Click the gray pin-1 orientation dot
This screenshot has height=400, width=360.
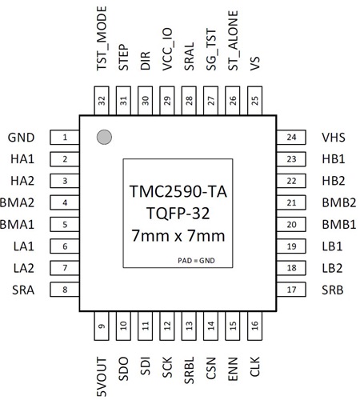pyautogui.click(x=104, y=137)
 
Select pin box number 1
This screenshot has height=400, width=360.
pyautogui.click(x=65, y=138)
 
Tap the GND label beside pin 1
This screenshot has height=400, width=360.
pyautogui.click(x=21, y=138)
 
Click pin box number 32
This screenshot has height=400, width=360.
pyautogui.click(x=102, y=101)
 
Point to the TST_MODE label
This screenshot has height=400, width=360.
pyautogui.click(x=102, y=38)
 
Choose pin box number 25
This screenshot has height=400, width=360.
pyautogui.click(x=254, y=101)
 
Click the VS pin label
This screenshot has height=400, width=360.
pyautogui.click(x=255, y=63)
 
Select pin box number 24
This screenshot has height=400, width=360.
pyautogui.click(x=291, y=138)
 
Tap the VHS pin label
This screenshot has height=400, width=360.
pyautogui.click(x=334, y=138)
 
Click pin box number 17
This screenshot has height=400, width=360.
pyautogui.click(x=291, y=290)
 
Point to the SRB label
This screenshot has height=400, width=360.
pyautogui.click(x=332, y=290)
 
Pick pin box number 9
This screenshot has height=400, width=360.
pyautogui.click(x=102, y=326)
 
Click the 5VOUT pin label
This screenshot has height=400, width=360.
pyautogui.click(x=102, y=377)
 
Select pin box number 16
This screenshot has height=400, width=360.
pyautogui.click(x=254, y=326)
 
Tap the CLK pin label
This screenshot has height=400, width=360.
pyautogui.click(x=255, y=366)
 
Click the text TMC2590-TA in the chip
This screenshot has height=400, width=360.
pyautogui.click(x=178, y=191)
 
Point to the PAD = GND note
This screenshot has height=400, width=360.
pyautogui.click(x=196, y=261)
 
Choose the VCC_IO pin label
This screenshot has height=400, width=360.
pyautogui.click(x=168, y=50)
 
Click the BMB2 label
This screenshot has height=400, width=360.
pyautogui.click(x=339, y=202)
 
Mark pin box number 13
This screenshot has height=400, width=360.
pyautogui.click(x=189, y=326)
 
